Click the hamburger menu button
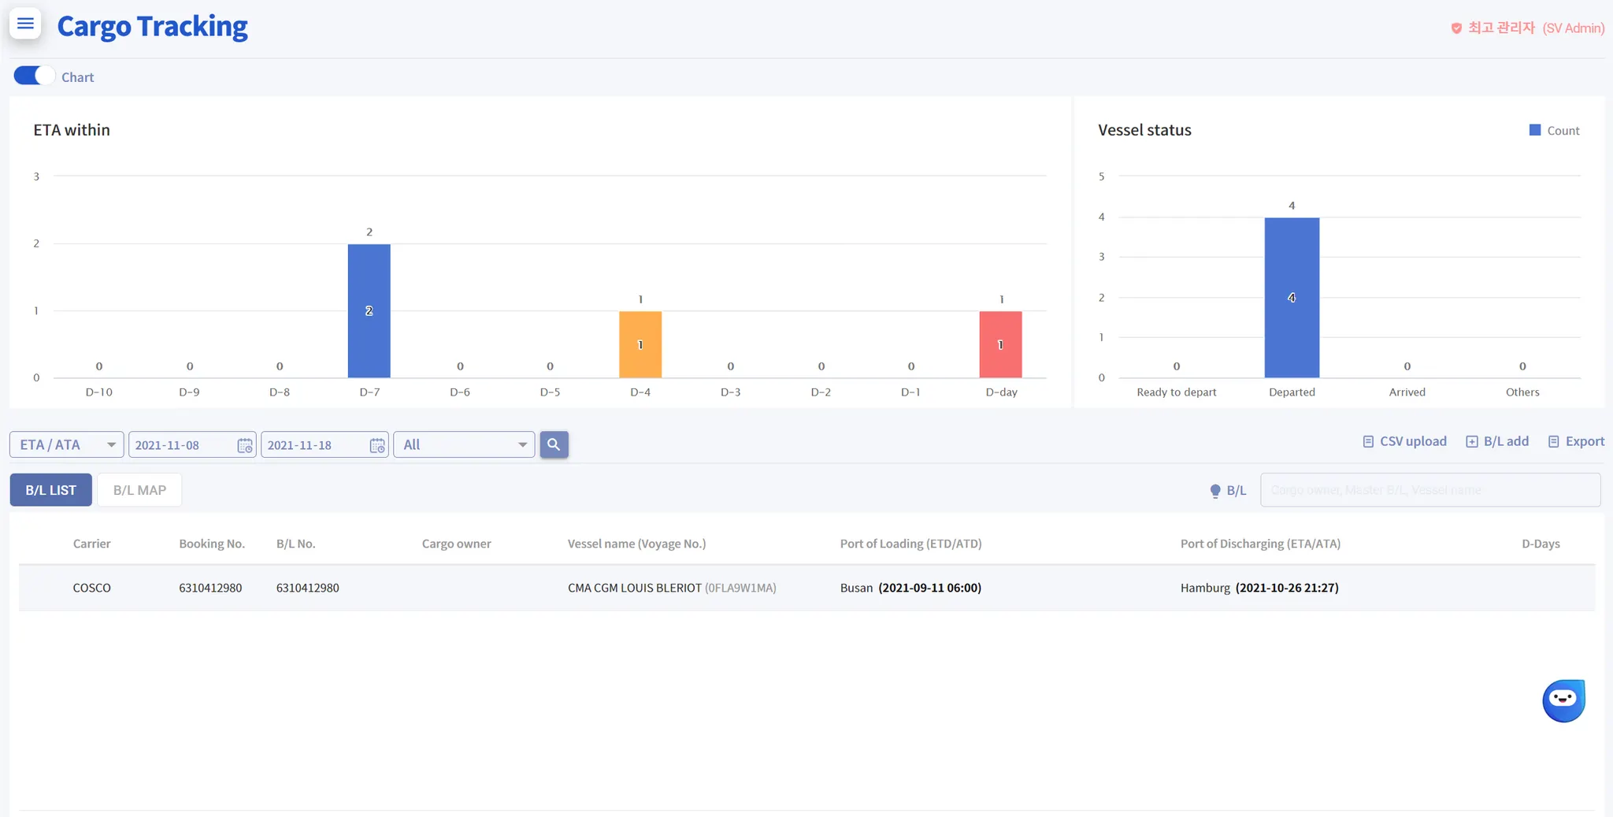click(25, 24)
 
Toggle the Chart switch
click(34, 76)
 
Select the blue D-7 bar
click(369, 310)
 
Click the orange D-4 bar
click(640, 344)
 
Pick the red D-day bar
click(1000, 344)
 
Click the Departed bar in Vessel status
click(1292, 297)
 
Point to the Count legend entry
click(1555, 131)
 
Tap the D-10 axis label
click(99, 392)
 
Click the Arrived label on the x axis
click(1407, 392)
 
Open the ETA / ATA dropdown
click(67, 444)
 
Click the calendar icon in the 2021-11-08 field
click(245, 445)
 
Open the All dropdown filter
click(464, 444)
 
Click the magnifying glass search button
click(554, 444)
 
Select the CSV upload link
click(1405, 441)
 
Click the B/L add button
click(1497, 441)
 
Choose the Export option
click(1576, 441)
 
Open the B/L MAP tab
click(139, 490)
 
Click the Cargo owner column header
click(456, 544)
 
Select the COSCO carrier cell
click(92, 588)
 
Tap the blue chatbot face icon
click(1563, 700)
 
